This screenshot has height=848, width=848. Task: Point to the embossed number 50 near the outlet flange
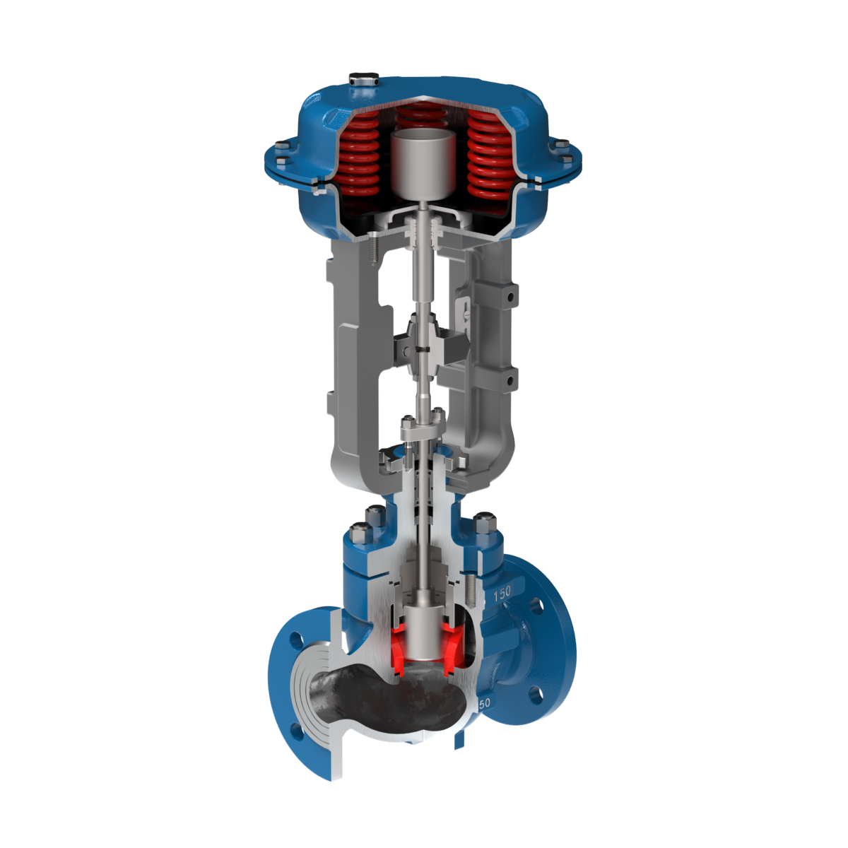(x=485, y=704)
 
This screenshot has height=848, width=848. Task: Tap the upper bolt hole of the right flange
(x=536, y=606)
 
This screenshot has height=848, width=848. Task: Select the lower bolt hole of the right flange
(x=535, y=695)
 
